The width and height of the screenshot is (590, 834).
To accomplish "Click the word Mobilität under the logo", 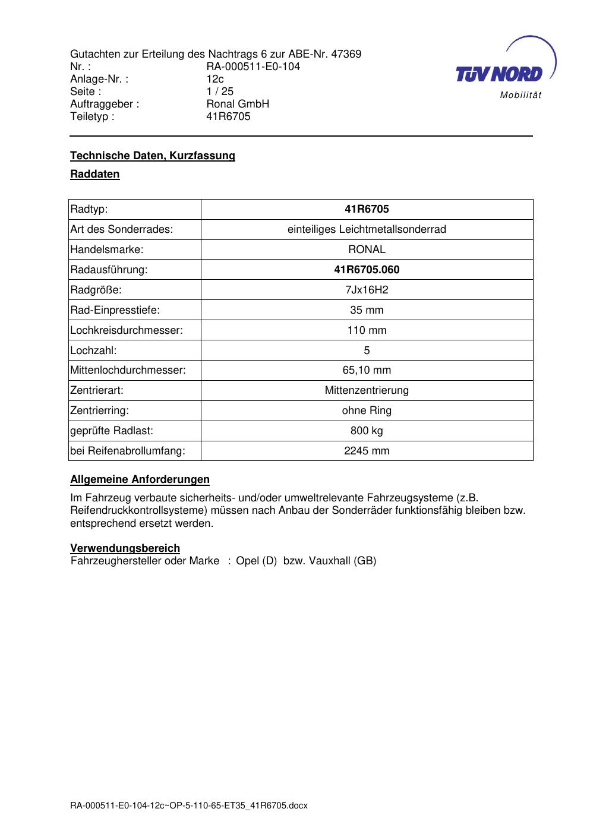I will pos(520,95).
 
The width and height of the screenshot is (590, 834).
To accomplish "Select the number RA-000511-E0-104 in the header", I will pos(253,67).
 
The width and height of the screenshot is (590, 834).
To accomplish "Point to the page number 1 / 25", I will pos(220,91).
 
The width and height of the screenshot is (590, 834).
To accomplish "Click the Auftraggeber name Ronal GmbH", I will pos(238,104).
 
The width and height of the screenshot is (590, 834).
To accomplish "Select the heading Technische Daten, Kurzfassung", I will pos(153,156).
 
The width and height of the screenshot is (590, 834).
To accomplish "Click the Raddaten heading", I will pos(95,174).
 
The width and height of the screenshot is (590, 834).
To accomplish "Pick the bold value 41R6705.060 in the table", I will pos(367,270).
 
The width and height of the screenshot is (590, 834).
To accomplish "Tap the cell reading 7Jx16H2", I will pos(367,290).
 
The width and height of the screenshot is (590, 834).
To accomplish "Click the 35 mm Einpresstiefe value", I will pos(367,310).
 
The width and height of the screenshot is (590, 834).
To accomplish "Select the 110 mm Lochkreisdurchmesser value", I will pos(367,330).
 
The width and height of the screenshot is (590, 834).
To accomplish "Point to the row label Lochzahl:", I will pos(93,350).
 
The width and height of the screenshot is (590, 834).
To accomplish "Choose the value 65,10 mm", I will pos(367,370).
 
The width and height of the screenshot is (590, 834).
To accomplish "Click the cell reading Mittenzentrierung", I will pos(367,390).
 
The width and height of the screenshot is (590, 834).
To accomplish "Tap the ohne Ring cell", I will pos(367,410).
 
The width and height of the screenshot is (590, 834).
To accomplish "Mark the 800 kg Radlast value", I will pos(367,431).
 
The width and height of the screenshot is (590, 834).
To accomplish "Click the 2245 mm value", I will pos(367,451).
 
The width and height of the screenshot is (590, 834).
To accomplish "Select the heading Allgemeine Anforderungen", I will pos(140,479).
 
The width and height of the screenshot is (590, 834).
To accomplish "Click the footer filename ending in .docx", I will pos(189,806).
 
